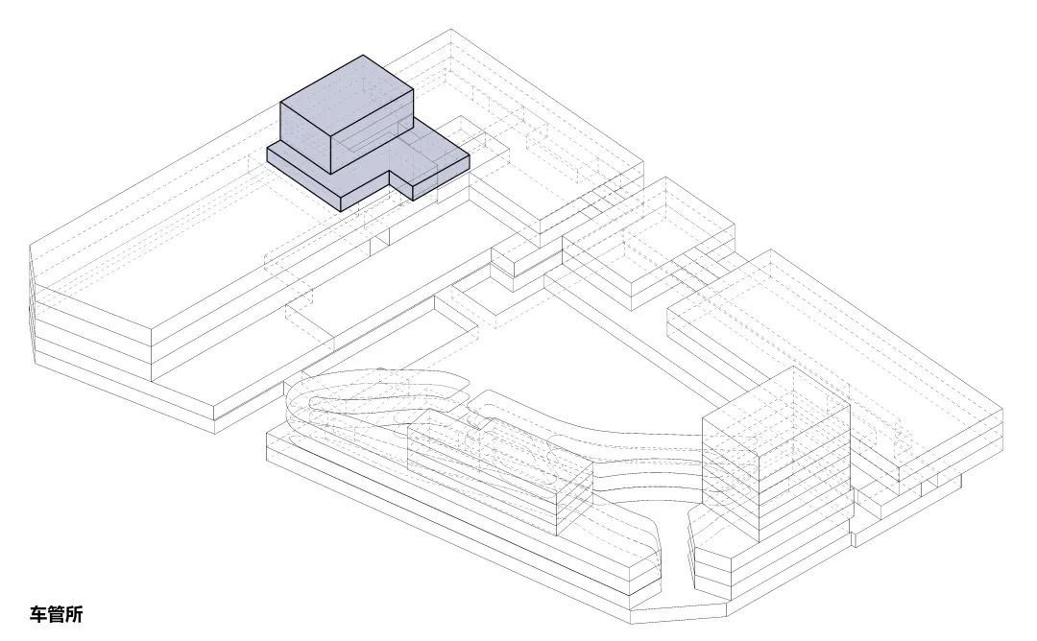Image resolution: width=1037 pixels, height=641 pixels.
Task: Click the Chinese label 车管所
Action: click(x=57, y=614)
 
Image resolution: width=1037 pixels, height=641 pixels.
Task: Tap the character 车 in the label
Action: click(x=38, y=614)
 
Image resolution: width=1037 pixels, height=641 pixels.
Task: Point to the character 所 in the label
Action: click(x=75, y=614)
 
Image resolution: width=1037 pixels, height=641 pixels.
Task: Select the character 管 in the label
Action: click(x=57, y=614)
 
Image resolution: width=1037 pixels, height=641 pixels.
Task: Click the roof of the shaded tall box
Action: click(x=348, y=96)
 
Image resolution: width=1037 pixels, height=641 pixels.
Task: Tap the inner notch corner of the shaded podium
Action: click(x=390, y=172)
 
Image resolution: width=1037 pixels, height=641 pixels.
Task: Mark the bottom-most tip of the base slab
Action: click(x=632, y=623)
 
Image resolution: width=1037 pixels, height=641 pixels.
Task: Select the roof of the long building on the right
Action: click(x=833, y=357)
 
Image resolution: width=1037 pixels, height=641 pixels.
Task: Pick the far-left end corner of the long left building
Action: click(x=31, y=246)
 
